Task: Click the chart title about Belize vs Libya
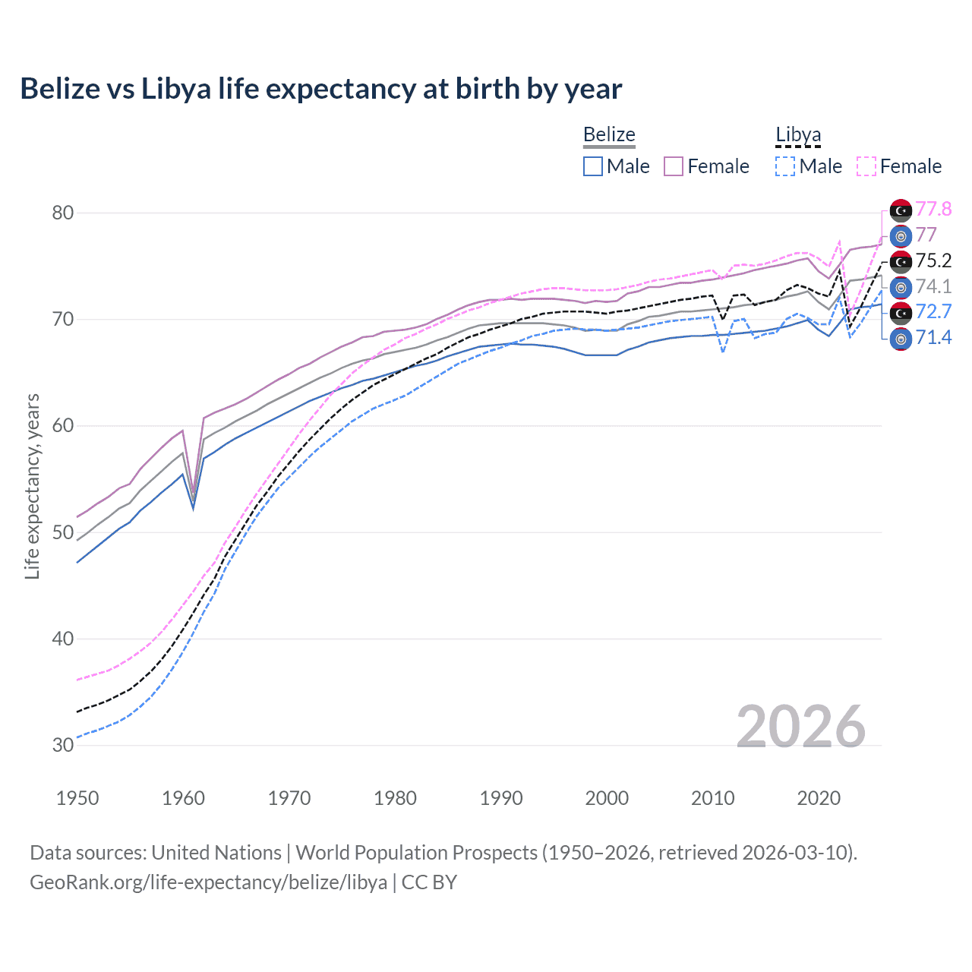(x=320, y=89)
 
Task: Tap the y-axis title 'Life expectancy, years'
(x=32, y=486)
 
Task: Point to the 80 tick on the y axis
(x=63, y=213)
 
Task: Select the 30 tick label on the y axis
(x=63, y=745)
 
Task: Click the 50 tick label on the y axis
(x=63, y=532)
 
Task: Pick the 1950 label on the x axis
(x=77, y=798)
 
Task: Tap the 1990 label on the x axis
(x=501, y=798)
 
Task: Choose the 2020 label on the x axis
(x=819, y=798)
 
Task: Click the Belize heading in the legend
(x=609, y=134)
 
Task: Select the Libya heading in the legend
(x=798, y=134)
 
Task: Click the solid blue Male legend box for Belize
(x=593, y=166)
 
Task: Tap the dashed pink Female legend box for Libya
(x=866, y=166)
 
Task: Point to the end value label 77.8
(x=933, y=209)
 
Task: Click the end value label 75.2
(x=933, y=260)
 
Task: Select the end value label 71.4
(x=933, y=337)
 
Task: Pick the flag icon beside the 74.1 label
(x=901, y=287)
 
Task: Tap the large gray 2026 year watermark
(x=800, y=727)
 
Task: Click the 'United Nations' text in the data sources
(x=216, y=853)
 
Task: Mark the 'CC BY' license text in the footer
(x=429, y=882)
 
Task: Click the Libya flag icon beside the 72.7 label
(x=901, y=312)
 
